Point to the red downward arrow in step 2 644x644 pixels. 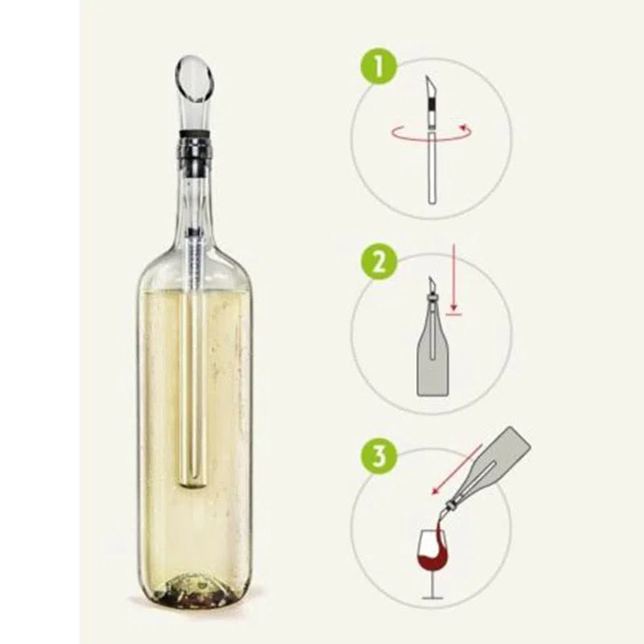453,282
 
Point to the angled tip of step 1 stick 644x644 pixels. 430,85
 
